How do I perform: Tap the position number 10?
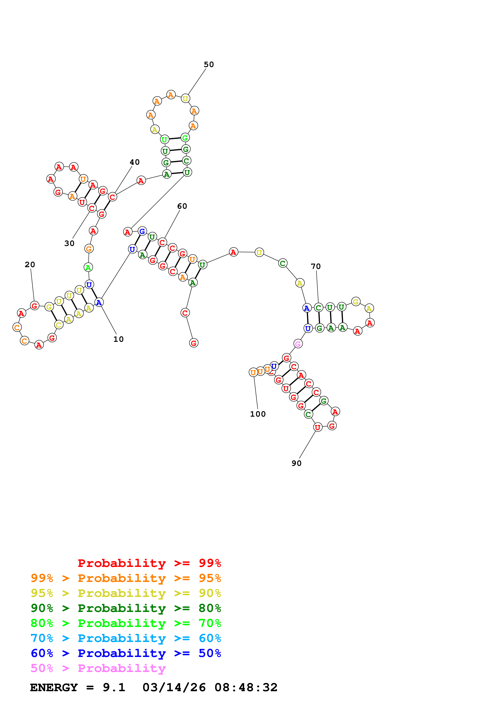click(119, 339)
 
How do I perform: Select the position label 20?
click(30, 265)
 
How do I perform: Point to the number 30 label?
click(69, 243)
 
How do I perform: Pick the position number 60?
click(182, 206)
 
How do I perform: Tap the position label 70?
click(316, 266)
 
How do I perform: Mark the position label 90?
click(297, 463)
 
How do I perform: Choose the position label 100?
click(258, 414)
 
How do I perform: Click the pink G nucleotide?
click(298, 344)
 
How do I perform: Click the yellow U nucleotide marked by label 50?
click(185, 98)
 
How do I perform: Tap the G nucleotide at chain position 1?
click(194, 343)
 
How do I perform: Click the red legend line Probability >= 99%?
click(149, 563)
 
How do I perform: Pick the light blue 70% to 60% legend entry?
click(126, 638)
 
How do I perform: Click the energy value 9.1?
click(114, 687)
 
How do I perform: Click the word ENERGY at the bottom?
click(54, 687)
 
